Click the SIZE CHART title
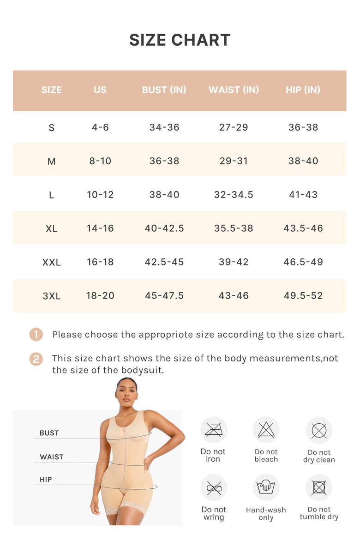tap(180, 40)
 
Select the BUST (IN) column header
tap(164, 90)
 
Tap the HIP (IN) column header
tap(303, 90)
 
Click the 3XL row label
tap(52, 296)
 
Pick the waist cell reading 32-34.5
tap(234, 195)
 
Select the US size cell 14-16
tap(100, 228)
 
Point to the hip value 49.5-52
tap(303, 296)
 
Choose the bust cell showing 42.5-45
tap(164, 262)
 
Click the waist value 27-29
tap(234, 127)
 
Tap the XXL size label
tap(52, 262)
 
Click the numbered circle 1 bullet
tap(36, 335)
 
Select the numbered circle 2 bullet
tap(36, 359)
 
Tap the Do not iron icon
tap(214, 430)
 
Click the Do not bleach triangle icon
tap(266, 430)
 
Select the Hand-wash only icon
tap(266, 487)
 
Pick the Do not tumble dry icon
tap(319, 487)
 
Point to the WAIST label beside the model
tap(52, 457)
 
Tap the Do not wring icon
tap(214, 487)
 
